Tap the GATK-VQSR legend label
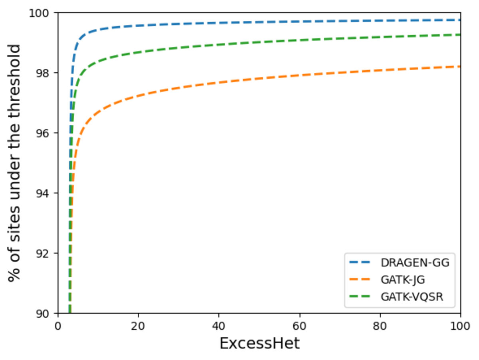412,297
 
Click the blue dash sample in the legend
360,263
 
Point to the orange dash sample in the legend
360,280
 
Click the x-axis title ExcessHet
259,343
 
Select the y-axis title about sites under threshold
15,163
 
